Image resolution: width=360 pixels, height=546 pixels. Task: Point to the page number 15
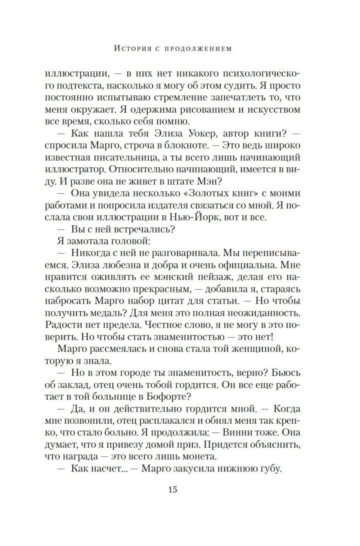click(x=172, y=489)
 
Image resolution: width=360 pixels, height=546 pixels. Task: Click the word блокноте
click(x=188, y=145)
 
